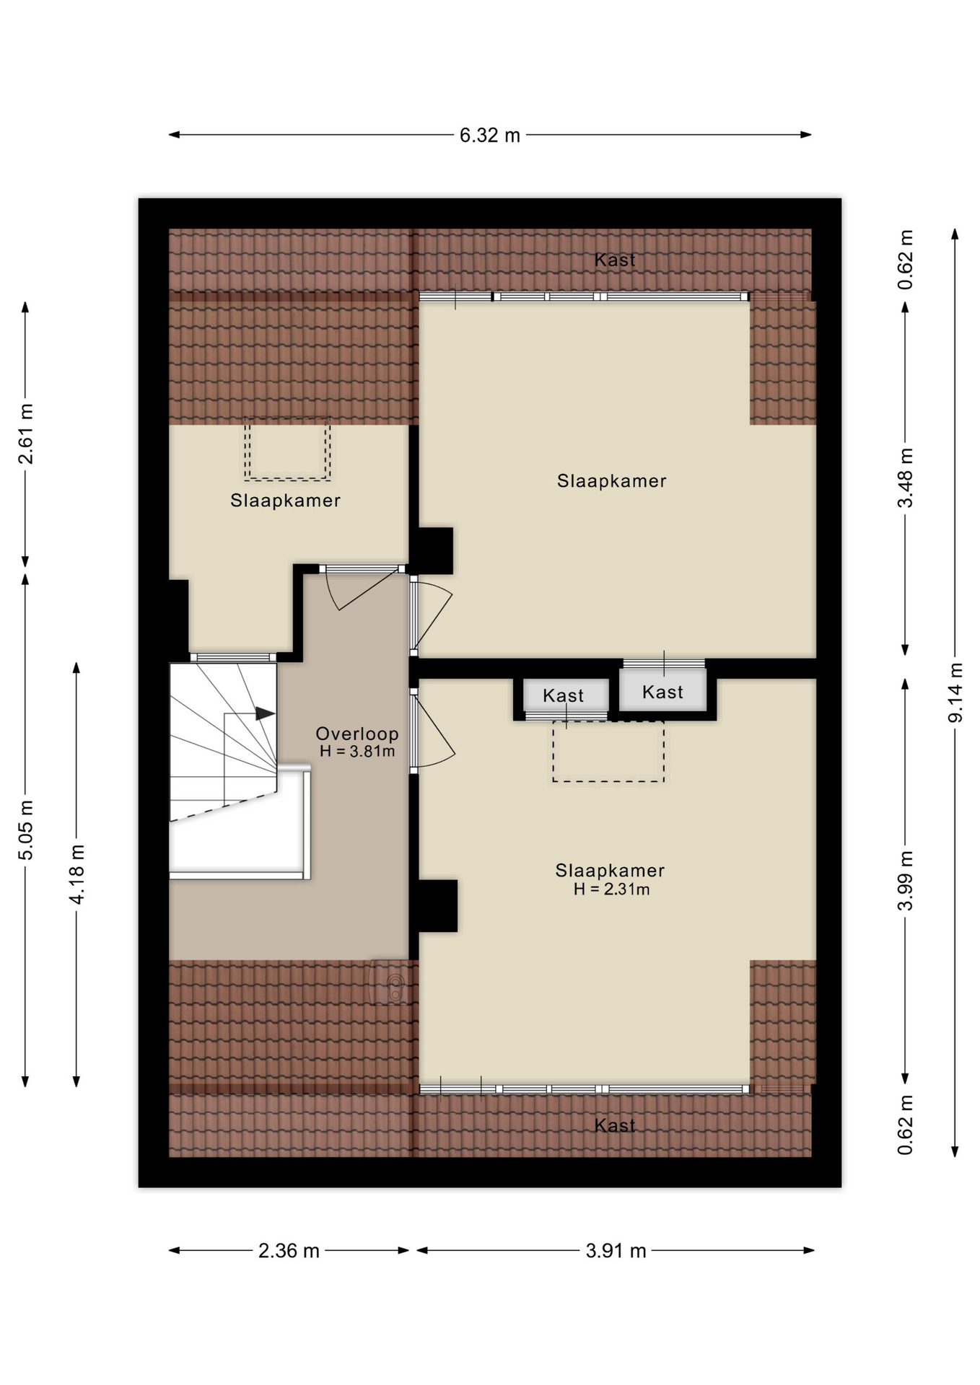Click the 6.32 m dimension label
click(489, 135)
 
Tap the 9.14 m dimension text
click(955, 692)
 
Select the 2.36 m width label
click(289, 1250)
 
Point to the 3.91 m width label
click(616, 1250)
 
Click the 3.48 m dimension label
click(906, 478)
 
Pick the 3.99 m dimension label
click(906, 880)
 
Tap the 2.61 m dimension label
click(25, 434)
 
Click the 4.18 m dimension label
click(76, 874)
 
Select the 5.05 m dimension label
click(25, 830)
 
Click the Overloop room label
click(357, 734)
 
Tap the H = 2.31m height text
click(611, 889)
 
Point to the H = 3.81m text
click(357, 751)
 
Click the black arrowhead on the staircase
click(264, 713)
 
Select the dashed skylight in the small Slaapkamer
click(287, 451)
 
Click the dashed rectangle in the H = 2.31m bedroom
click(608, 752)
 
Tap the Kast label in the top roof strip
click(615, 260)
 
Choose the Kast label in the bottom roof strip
click(615, 1125)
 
